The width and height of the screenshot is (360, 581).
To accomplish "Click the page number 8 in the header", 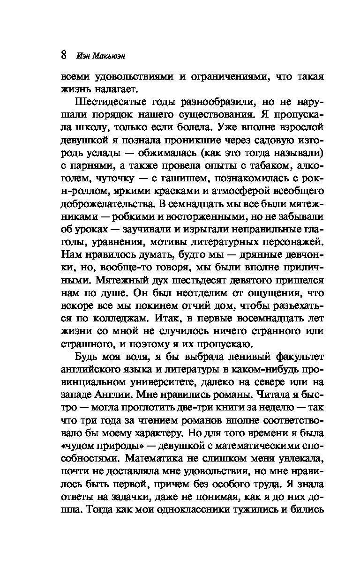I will point(65,55).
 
